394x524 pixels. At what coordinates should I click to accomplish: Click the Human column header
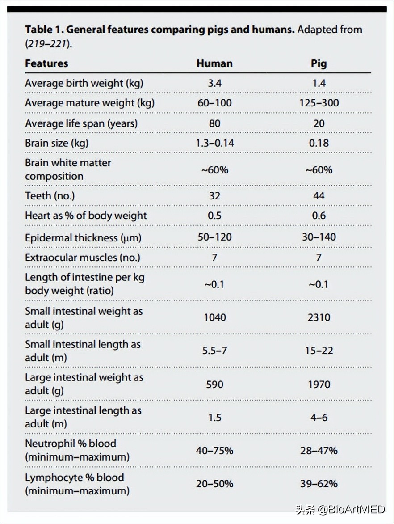pyautogui.click(x=214, y=63)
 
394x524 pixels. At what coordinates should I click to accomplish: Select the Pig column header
pyautogui.click(x=319, y=63)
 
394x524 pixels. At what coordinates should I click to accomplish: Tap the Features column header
pyautogui.click(x=46, y=63)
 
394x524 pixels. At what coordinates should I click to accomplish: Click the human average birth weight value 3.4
pyautogui.click(x=214, y=83)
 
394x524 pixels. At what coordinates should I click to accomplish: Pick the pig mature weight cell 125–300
pyautogui.click(x=319, y=103)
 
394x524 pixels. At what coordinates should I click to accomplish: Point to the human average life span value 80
pyautogui.click(x=214, y=123)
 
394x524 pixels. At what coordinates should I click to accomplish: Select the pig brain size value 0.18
pyautogui.click(x=319, y=143)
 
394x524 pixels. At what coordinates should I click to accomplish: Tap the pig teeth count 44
pyautogui.click(x=319, y=195)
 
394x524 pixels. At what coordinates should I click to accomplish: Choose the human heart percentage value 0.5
pyautogui.click(x=214, y=216)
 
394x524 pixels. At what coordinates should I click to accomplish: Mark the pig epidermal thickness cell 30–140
pyautogui.click(x=319, y=237)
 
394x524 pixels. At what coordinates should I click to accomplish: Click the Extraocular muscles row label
pyautogui.click(x=82, y=258)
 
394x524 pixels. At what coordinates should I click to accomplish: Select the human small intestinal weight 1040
pyautogui.click(x=214, y=317)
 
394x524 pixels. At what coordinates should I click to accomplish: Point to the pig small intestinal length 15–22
pyautogui.click(x=319, y=351)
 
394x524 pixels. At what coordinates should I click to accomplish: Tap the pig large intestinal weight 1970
pyautogui.click(x=319, y=384)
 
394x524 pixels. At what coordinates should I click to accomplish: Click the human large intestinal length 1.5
pyautogui.click(x=214, y=417)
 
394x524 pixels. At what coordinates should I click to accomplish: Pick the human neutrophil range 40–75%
pyautogui.click(x=214, y=450)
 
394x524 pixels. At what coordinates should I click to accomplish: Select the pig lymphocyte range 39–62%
pyautogui.click(x=319, y=484)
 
